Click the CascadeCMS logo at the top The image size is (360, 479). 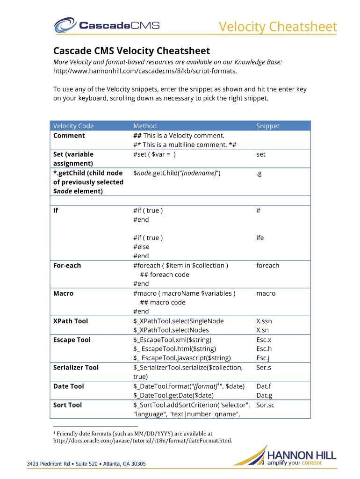click(107, 25)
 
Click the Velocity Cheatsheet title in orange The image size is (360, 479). click(278, 27)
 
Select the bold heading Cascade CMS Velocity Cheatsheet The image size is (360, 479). click(131, 51)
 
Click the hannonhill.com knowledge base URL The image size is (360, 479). click(144, 71)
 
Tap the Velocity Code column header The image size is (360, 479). click(73, 126)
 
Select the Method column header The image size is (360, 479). click(145, 126)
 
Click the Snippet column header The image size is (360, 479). click(267, 126)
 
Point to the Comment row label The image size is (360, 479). click(69, 136)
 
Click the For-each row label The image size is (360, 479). click(67, 265)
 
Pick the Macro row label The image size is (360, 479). click(64, 293)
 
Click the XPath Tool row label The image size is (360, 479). click(71, 321)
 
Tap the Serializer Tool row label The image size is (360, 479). click(76, 367)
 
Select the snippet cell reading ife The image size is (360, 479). click(260, 238)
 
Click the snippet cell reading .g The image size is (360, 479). click(259, 173)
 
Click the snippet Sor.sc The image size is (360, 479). click(265, 405)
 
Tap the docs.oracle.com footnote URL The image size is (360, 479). click(143, 440)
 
